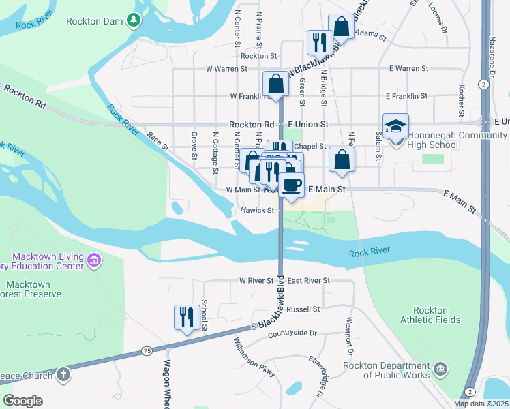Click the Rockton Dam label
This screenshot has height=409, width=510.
click(x=93, y=21)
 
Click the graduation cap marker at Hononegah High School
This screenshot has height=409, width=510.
click(x=395, y=127)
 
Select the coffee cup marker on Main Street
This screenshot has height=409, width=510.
click(x=291, y=185)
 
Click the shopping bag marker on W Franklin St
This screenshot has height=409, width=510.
click(x=276, y=85)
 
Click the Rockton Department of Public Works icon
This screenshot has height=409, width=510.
click(x=440, y=369)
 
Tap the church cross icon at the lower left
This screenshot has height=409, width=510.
click(x=63, y=374)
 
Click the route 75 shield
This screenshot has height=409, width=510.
click(x=147, y=350)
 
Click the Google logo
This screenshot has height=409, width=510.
click(x=22, y=401)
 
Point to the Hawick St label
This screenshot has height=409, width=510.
click(x=257, y=211)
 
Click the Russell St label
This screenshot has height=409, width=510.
click(x=303, y=309)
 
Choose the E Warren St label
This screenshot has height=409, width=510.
click(x=408, y=69)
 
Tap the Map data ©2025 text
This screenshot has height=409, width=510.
click(x=481, y=404)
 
